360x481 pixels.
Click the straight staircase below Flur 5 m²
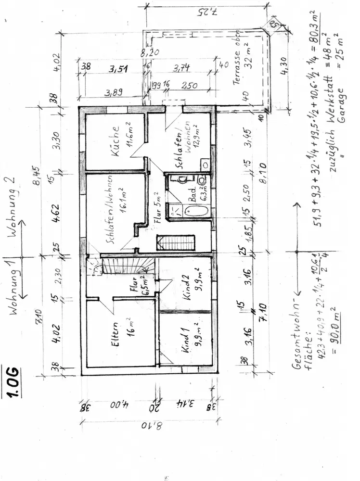[177, 242]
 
